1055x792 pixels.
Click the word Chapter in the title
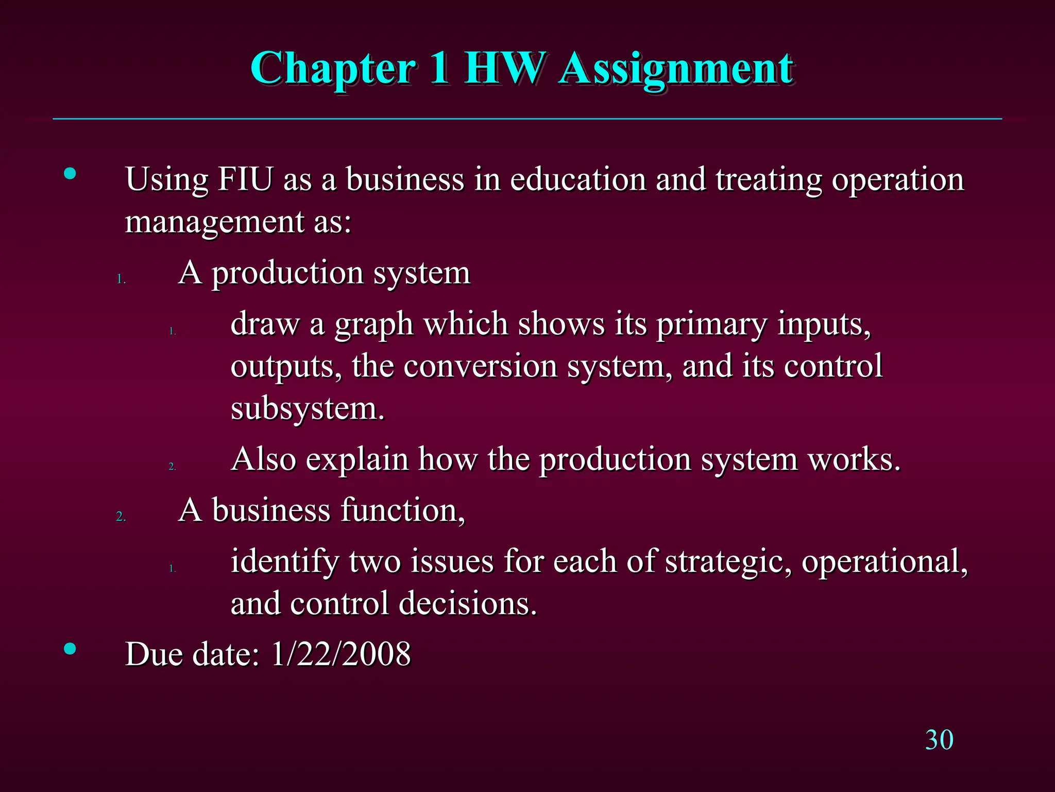click(332, 70)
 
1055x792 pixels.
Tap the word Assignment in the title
click(676, 70)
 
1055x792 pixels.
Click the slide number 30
click(939, 740)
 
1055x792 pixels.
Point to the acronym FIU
click(245, 179)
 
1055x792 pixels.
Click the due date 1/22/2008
click(341, 654)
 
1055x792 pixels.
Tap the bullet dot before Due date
click(70, 649)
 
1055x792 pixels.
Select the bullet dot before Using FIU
click(70, 174)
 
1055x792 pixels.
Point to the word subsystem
click(307, 408)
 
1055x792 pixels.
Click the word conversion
click(481, 366)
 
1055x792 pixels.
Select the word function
click(402, 510)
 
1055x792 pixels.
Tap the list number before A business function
click(121, 516)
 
